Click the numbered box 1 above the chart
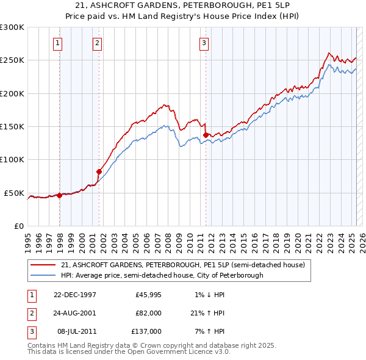click(x=57, y=43)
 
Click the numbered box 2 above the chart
click(x=97, y=43)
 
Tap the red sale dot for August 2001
click(x=99, y=171)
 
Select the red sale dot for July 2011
click(x=206, y=135)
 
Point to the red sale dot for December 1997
click(x=60, y=195)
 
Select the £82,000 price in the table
click(x=149, y=312)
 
